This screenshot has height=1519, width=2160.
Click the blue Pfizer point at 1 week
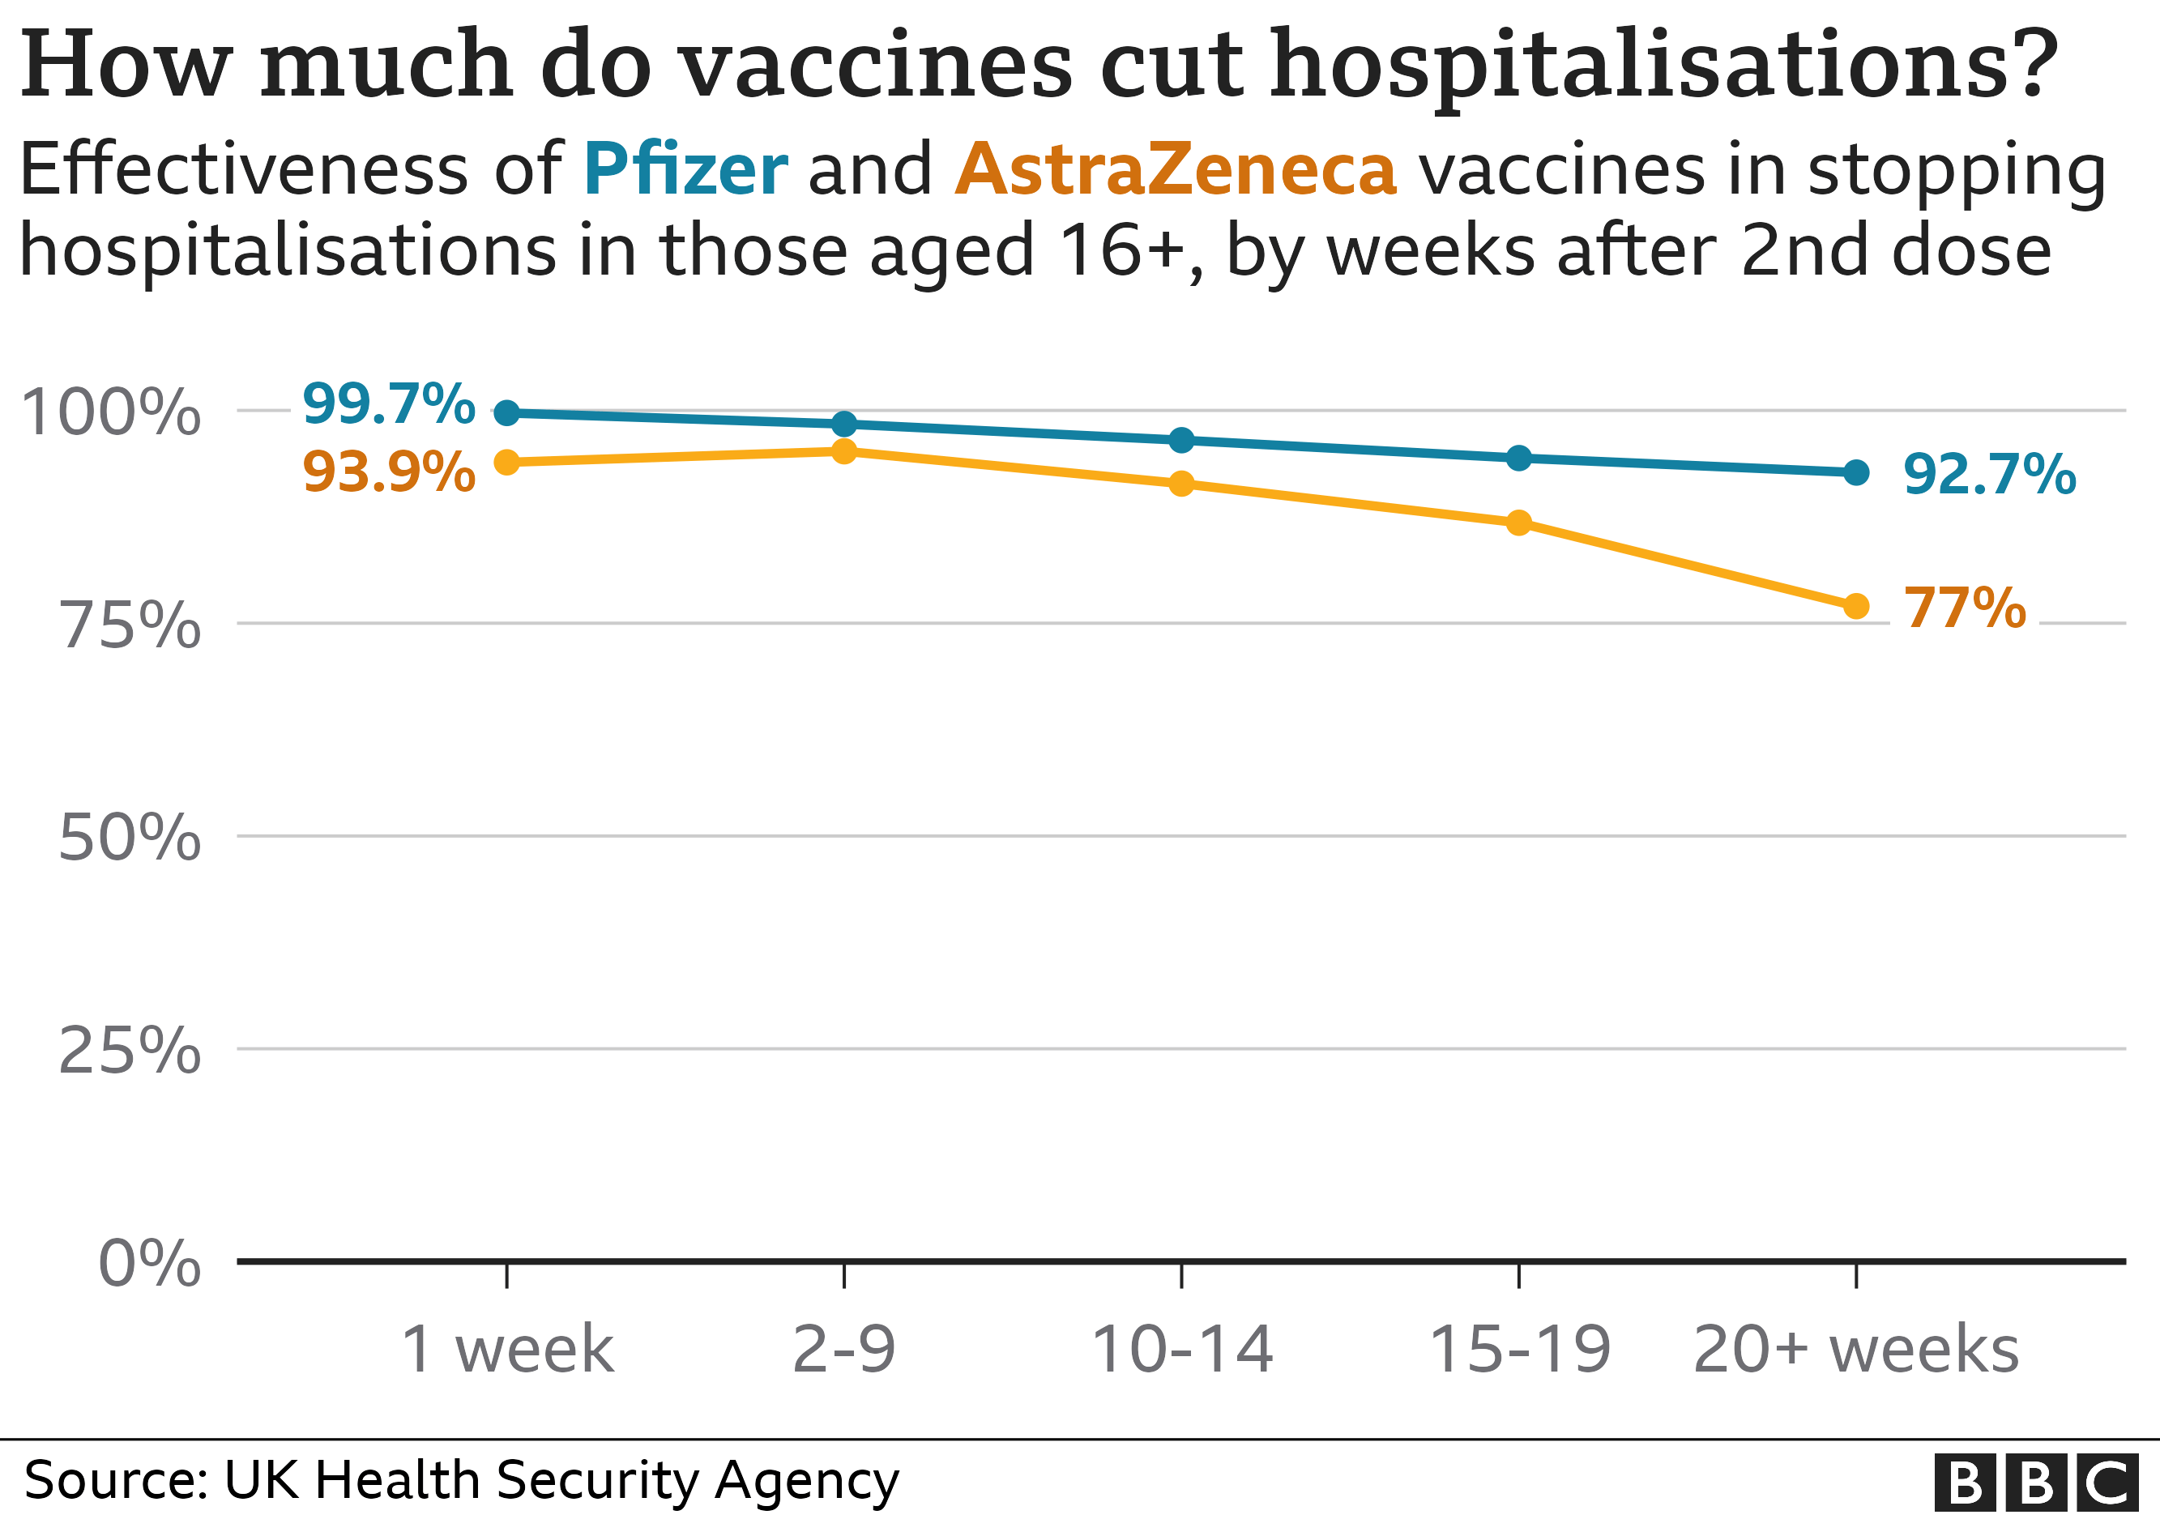(507, 412)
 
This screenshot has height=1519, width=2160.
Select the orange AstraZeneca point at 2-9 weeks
(844, 451)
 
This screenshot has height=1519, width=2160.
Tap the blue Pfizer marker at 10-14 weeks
(1181, 440)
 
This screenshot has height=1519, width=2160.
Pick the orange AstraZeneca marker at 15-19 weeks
(1518, 523)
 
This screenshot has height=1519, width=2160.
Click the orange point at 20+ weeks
(1856, 607)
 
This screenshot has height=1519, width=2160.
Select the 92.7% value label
(1989, 474)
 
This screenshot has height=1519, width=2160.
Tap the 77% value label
(1964, 608)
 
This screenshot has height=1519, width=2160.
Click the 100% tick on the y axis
(111, 413)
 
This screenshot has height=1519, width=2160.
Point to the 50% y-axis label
(129, 838)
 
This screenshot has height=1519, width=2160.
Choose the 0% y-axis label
(148, 1263)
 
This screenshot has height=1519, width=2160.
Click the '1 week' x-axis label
(507, 1350)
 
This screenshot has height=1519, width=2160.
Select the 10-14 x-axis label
(1181, 1350)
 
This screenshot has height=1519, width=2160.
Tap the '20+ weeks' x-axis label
(1856, 1350)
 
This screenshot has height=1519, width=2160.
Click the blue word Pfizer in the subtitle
(685, 170)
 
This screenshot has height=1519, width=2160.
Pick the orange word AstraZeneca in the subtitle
(1176, 170)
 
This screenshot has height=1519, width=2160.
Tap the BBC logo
(2036, 1483)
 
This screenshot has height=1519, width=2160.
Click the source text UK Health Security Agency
(561, 1479)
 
